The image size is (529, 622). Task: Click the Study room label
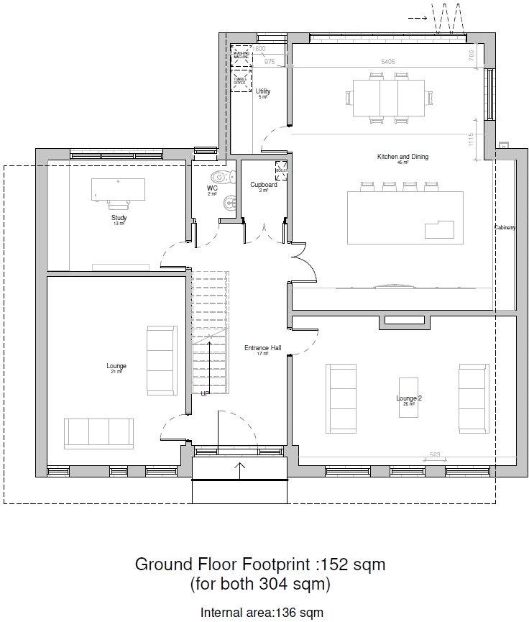[119, 217]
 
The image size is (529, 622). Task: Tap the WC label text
[212, 188]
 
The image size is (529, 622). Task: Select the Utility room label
[263, 91]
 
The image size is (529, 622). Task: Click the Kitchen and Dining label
[402, 157]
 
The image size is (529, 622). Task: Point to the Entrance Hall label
[262, 348]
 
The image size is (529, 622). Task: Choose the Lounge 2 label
[409, 398]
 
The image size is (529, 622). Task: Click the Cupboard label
[264, 185]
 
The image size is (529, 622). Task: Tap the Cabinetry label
[505, 228]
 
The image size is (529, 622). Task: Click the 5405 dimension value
[387, 62]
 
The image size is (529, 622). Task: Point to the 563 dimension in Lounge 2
[434, 454]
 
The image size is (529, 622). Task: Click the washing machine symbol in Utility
[240, 55]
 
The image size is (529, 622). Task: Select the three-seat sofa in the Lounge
[98, 433]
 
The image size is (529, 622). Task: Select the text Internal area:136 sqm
[262, 613]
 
